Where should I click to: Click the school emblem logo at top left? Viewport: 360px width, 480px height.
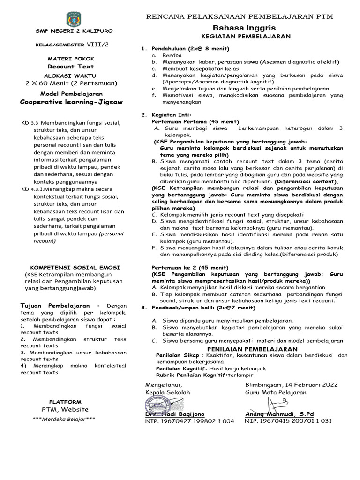pos(74,19)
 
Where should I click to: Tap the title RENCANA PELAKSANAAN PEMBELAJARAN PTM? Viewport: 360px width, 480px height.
pos(240,16)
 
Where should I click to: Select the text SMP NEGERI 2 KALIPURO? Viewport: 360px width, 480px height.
pos(74,31)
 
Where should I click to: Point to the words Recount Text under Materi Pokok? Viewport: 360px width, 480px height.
pos(71,67)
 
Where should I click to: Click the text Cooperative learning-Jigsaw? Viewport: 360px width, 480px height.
pos(71,101)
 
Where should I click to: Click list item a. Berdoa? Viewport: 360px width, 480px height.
pos(172,55)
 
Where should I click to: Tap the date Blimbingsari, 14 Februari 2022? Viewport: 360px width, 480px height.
pos(291,384)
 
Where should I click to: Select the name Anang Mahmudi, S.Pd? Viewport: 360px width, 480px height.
pos(279,414)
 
